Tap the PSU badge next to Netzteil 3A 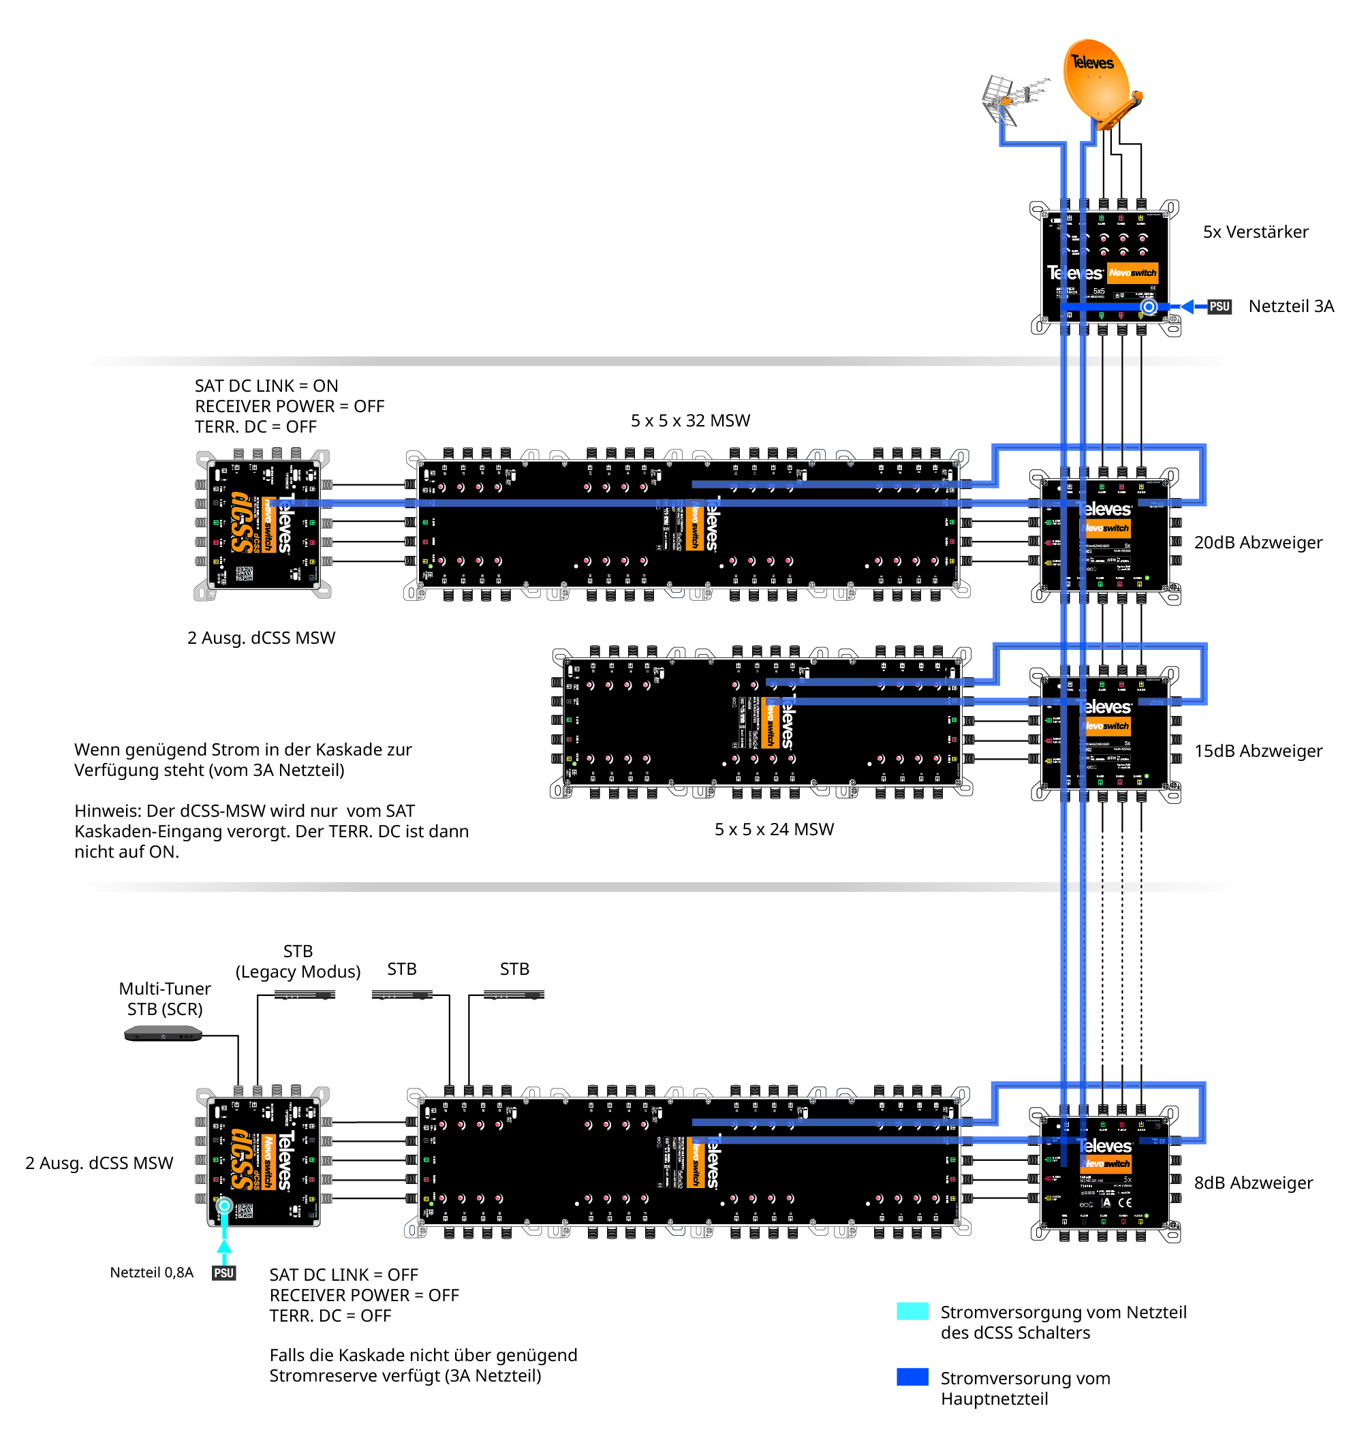(x=1219, y=307)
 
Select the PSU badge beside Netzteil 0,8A (x=224, y=1273)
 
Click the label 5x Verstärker (x=1255, y=232)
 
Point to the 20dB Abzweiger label (x=1258, y=542)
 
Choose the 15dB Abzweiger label (x=1258, y=751)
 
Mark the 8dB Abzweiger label (x=1253, y=1183)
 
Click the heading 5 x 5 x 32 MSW (x=690, y=421)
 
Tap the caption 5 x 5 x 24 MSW (x=774, y=829)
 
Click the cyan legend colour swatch (x=912, y=1311)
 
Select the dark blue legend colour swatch (x=912, y=1377)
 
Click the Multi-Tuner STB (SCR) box (x=163, y=1033)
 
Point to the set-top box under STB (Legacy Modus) (x=305, y=995)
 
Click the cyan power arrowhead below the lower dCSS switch (x=224, y=1246)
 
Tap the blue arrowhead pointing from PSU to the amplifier (x=1187, y=307)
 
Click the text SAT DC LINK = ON (x=266, y=386)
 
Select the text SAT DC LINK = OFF (x=343, y=1275)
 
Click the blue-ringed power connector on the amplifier (x=1149, y=307)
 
